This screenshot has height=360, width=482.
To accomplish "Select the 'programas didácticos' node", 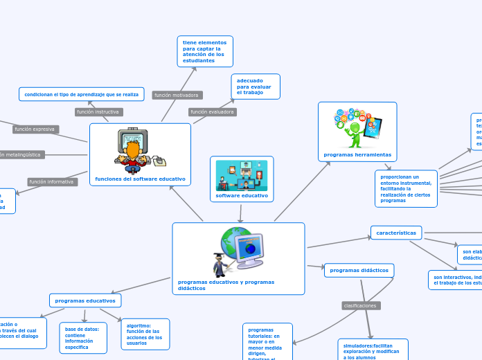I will coord(359,270).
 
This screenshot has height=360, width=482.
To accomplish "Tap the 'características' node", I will coord(395,233).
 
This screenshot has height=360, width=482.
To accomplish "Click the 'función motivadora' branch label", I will coord(177,95).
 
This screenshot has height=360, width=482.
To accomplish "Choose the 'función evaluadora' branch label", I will coord(213,111).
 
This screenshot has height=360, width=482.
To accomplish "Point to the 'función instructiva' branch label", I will coord(98,111).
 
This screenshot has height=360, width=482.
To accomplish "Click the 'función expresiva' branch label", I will coord(35,129).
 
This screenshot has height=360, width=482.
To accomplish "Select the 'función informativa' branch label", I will coord(51,181).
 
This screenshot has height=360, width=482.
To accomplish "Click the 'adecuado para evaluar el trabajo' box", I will coord(255,87).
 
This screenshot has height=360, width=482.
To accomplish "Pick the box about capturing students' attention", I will coord(204,52).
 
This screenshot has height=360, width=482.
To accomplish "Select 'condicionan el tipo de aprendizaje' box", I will coord(81,94).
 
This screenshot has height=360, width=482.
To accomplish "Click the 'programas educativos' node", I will coord(85,300).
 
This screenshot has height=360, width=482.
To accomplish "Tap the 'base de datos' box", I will coord(83,338).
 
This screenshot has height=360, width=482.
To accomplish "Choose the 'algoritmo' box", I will coord(145,334).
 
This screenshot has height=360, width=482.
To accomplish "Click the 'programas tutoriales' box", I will coord(267,342).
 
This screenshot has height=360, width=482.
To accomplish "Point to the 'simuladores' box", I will coord(373,350).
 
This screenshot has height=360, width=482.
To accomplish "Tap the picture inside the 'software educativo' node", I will coord(242,175).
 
